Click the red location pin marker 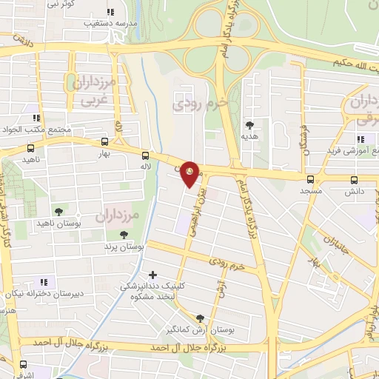point(190,173)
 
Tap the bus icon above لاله point(144,155)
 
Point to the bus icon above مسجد point(309,179)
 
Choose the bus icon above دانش point(354,179)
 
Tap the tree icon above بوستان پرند point(124,235)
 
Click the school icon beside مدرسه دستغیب point(111,12)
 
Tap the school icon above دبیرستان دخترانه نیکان point(43,281)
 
